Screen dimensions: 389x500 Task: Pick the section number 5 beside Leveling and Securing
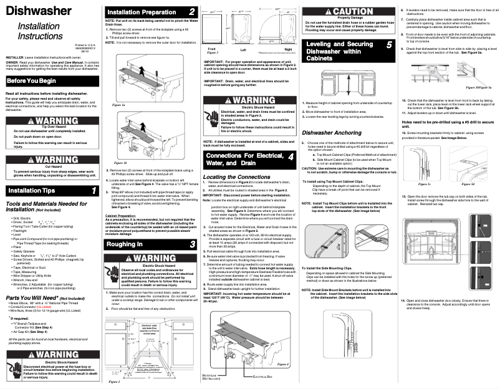click(x=388, y=45)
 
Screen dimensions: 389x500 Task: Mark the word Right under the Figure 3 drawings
click(x=287, y=48)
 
